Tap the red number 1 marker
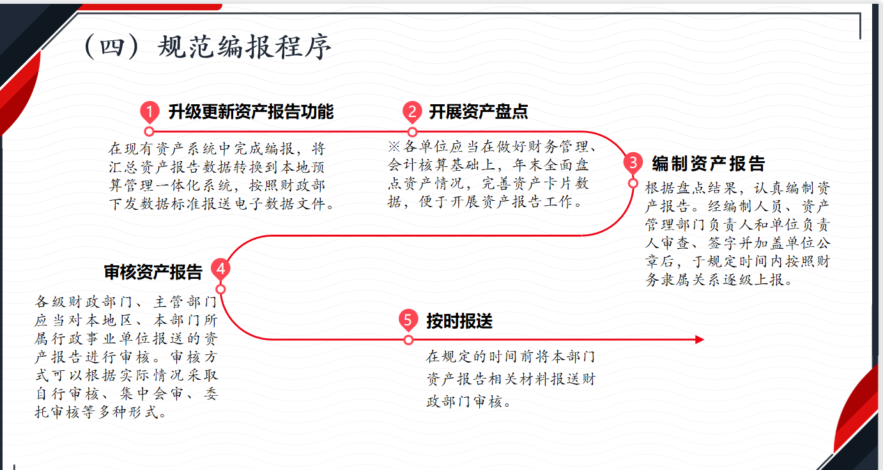click(x=149, y=113)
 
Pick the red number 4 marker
click(x=220, y=270)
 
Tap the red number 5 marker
click(x=408, y=320)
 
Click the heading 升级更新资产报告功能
click(x=251, y=112)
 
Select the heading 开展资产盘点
click(x=479, y=112)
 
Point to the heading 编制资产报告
click(x=708, y=164)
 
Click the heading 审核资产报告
click(x=153, y=272)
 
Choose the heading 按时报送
click(x=459, y=321)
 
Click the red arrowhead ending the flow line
click(x=699, y=340)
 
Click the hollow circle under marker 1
click(x=149, y=132)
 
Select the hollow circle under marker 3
click(x=633, y=184)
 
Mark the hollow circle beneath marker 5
click(x=408, y=340)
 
